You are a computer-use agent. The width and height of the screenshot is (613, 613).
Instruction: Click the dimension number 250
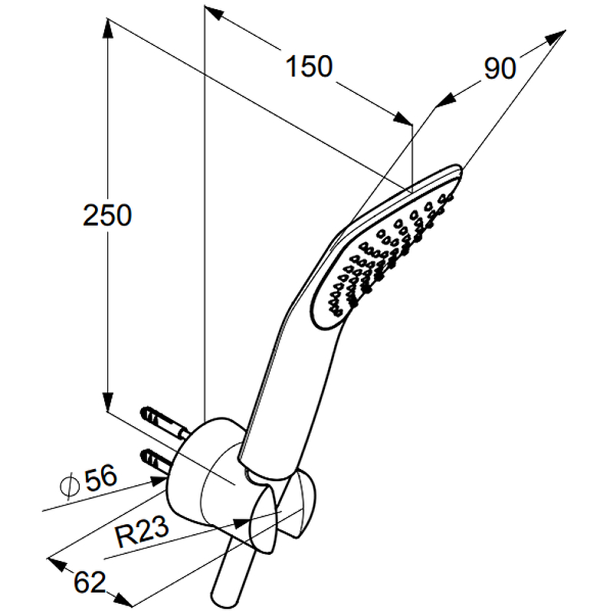coord(107,215)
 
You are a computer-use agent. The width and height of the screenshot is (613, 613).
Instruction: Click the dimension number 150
coord(309,66)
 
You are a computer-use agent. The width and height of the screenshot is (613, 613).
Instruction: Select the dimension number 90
coord(500,68)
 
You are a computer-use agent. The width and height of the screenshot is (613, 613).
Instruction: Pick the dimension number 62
coord(90,582)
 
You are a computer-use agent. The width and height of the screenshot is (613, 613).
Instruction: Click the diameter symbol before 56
coord(70,486)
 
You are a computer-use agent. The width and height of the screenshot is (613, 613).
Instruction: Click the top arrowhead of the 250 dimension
coord(107,28)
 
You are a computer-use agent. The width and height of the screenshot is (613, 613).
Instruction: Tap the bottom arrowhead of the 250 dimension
coord(107,402)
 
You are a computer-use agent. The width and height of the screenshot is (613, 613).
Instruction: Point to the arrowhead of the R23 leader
coord(242,523)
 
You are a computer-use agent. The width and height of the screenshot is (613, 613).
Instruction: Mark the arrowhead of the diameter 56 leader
coord(159,481)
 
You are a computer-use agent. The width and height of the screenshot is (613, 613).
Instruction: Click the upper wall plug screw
coord(164,422)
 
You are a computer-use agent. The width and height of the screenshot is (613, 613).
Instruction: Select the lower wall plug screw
coord(156,461)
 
